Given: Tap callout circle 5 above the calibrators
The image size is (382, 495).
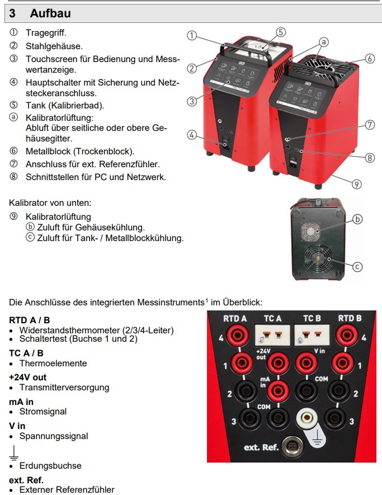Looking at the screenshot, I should point(280,32).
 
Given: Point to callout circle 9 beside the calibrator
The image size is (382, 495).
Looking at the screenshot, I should point(357,183).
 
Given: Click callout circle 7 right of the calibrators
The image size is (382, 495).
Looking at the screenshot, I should point(369,125).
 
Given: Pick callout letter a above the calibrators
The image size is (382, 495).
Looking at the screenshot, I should point(323,42).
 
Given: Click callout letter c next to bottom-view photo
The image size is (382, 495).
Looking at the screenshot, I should point(357,266).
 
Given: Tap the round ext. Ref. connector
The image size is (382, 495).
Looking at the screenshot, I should point(291,447).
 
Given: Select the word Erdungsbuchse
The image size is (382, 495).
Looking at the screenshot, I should point(50,465).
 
